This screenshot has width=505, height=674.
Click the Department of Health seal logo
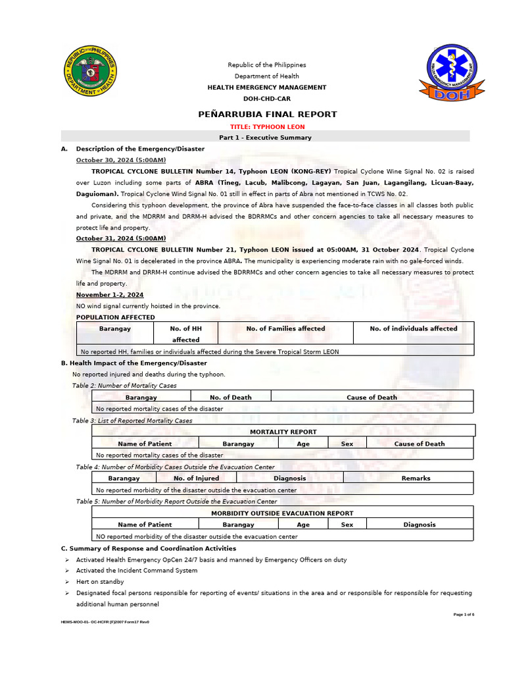point(91,72)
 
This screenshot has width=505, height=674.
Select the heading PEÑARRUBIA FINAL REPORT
point(267,114)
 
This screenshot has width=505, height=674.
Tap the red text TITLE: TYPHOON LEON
point(267,126)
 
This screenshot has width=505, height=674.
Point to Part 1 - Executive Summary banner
point(265,138)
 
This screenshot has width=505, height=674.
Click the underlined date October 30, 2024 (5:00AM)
point(121,160)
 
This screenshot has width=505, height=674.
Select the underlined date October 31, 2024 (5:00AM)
point(121,238)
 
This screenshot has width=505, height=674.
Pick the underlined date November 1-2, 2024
point(110,295)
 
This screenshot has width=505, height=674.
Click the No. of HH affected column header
point(185,334)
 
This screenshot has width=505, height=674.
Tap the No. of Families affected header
point(285,328)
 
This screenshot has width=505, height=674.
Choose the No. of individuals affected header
point(413,328)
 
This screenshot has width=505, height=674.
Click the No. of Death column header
point(230,398)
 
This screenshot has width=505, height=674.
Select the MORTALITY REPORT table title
point(283,432)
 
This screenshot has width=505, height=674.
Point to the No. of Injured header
point(196,479)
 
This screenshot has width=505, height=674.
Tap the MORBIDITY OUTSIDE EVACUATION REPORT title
point(282,513)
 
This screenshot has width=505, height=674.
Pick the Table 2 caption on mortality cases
point(124,386)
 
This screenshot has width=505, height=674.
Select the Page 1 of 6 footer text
point(464,614)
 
